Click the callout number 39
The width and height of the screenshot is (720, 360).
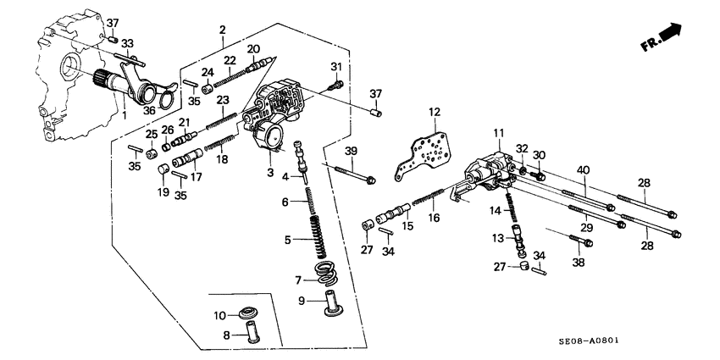tap(352, 151)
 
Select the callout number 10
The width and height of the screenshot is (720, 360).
tap(218, 315)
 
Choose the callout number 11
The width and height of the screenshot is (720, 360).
tap(499, 132)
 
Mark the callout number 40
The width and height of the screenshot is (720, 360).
tap(582, 169)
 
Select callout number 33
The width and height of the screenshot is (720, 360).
tap(126, 43)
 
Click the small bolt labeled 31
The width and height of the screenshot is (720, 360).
tap(337, 84)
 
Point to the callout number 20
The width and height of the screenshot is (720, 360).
tap(252, 49)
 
